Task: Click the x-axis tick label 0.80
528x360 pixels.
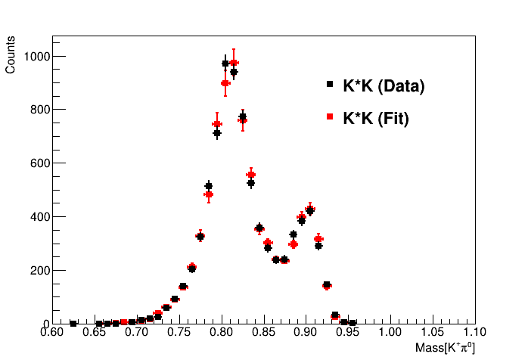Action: click(x=221, y=331)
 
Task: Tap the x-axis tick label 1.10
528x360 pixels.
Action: click(x=474, y=331)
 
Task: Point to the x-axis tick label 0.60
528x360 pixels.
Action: click(x=52, y=331)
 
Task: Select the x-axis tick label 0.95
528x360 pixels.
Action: click(x=348, y=331)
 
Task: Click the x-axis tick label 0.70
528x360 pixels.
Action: click(x=136, y=331)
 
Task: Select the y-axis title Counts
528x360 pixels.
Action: click(x=11, y=57)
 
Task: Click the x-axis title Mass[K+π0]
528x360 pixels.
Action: click(x=445, y=347)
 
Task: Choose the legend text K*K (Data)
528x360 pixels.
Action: click(x=384, y=86)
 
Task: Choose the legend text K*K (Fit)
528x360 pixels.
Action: click(x=376, y=118)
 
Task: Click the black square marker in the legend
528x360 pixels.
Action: click(x=330, y=85)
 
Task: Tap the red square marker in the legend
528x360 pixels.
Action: click(x=330, y=116)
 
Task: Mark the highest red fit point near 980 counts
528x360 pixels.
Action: click(x=234, y=63)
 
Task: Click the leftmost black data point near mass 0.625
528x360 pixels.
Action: click(x=73, y=323)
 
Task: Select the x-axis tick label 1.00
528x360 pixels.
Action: click(x=390, y=331)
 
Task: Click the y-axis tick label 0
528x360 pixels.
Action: click(x=45, y=324)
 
